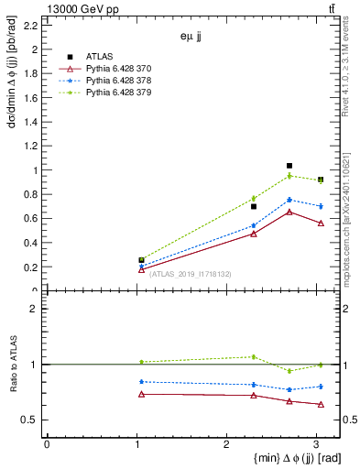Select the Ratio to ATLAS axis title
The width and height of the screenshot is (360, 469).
pos(13,364)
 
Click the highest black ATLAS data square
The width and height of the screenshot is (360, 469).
pos(289,166)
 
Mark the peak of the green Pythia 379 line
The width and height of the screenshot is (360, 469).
pos(289,176)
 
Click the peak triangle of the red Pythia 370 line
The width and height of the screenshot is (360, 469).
pos(289,212)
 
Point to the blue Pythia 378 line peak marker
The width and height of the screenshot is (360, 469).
pos(289,200)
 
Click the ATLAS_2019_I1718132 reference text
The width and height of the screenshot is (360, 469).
pos(191,274)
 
